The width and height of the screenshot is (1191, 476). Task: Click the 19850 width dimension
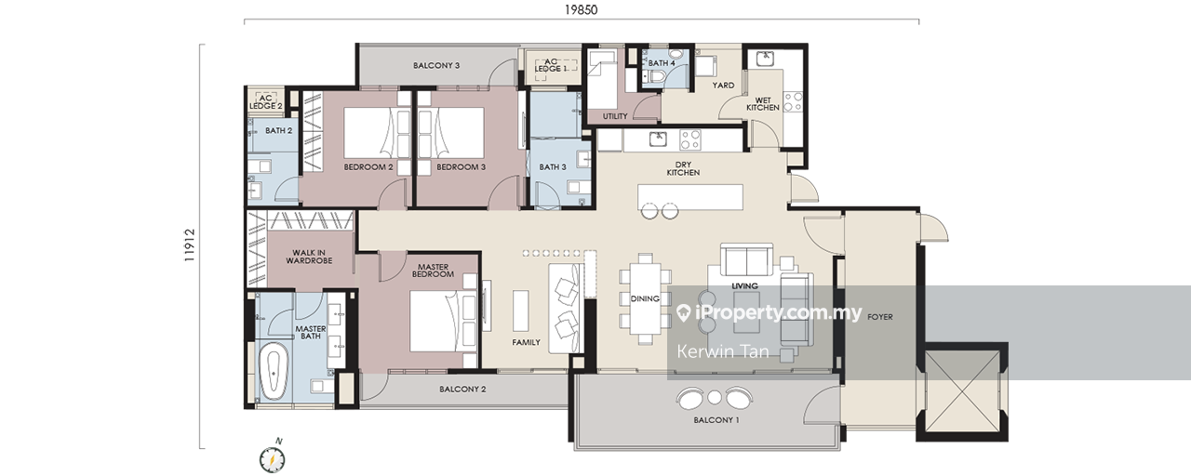[x=582, y=9]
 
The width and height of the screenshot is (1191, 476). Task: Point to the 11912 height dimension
[x=190, y=245]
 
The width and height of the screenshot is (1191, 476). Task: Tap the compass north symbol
[x=273, y=458]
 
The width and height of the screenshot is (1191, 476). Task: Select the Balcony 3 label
[x=436, y=65]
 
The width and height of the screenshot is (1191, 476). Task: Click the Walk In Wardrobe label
[x=309, y=257]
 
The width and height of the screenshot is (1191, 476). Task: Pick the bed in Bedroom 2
[x=377, y=133]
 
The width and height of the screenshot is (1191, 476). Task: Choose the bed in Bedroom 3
[x=451, y=133]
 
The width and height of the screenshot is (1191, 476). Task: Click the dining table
[x=645, y=299]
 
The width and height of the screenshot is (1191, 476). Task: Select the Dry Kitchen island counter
[x=690, y=197]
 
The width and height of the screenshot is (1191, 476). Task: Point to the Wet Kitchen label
[x=763, y=103]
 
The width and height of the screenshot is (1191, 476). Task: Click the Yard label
[x=723, y=85]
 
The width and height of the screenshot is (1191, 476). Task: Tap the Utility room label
[x=615, y=116]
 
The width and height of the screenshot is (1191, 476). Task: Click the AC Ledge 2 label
[x=266, y=102]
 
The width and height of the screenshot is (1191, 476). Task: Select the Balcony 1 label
[x=716, y=419]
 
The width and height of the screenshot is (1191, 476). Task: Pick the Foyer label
[x=880, y=317]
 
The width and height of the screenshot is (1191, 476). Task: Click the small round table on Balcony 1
[x=715, y=397]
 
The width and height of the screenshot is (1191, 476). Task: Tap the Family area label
[x=526, y=343]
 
